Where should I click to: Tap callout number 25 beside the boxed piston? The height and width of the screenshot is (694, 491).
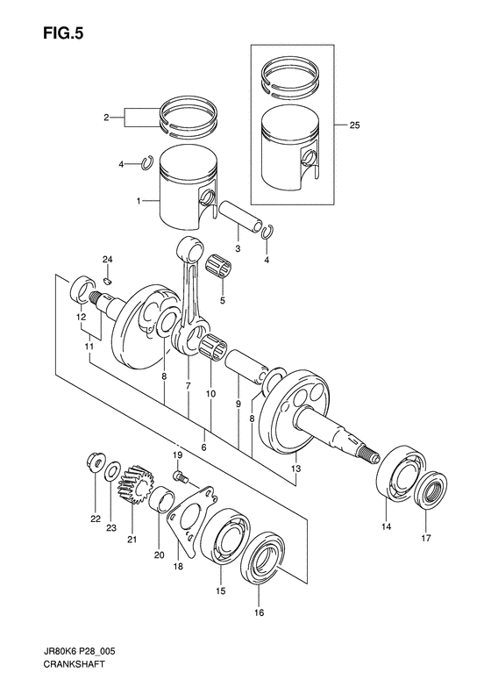click(353, 126)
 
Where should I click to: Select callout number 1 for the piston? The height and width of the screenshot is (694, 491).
click(138, 201)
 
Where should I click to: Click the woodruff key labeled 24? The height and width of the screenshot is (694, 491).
click(105, 280)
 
